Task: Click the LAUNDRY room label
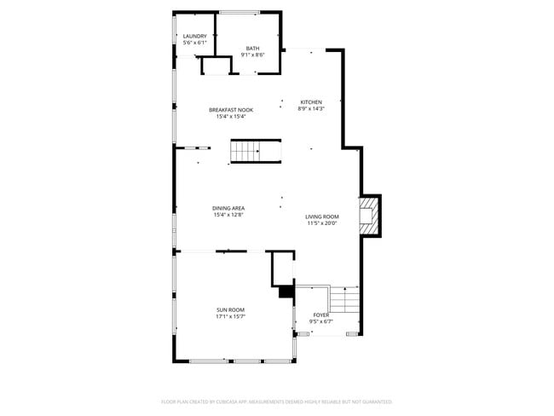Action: tap(194, 36)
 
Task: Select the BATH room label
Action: tap(253, 48)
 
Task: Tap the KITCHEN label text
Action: tap(310, 102)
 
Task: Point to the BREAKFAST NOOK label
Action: tap(231, 110)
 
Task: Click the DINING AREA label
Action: tap(229, 208)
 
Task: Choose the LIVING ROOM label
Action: tap(322, 217)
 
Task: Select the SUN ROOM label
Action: tap(230, 309)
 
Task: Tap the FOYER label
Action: tap(321, 315)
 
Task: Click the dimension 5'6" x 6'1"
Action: tap(194, 43)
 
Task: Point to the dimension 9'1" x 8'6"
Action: tap(253, 55)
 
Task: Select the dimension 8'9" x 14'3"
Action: tap(310, 108)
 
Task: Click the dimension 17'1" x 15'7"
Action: tap(230, 316)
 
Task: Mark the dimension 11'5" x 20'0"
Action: tap(322, 223)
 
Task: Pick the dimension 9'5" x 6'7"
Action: tap(321, 321)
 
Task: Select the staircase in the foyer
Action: tap(343, 299)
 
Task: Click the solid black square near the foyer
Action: tap(286, 292)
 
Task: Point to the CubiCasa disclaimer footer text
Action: tap(276, 401)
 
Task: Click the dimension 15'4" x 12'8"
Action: tap(229, 215)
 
